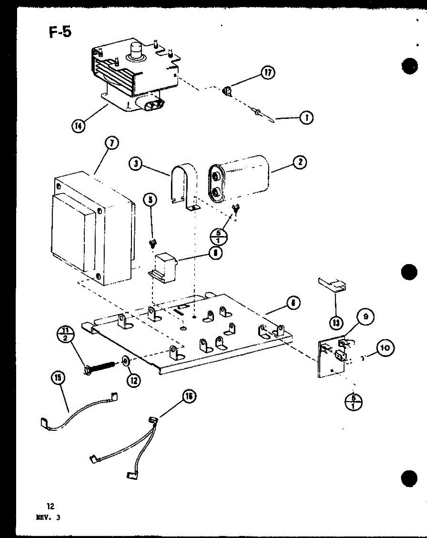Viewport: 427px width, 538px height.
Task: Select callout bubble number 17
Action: [268, 73]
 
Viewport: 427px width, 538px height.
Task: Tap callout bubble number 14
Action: [78, 126]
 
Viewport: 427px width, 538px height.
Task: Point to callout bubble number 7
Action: [111, 143]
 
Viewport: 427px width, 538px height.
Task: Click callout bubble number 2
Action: [300, 162]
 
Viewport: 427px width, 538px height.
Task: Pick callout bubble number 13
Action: [335, 322]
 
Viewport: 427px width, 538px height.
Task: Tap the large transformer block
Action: [92, 229]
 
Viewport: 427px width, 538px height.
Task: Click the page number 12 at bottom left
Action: [50, 507]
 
